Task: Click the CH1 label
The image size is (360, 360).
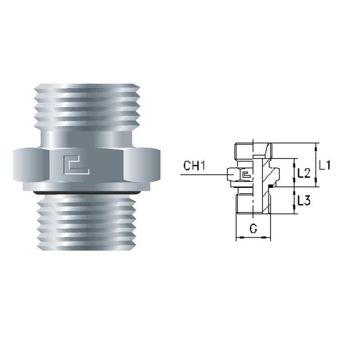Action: tap(194, 166)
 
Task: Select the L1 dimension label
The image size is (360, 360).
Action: tap(325, 165)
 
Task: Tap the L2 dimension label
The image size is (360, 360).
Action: tap(304, 173)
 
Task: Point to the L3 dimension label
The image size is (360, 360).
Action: tap(304, 200)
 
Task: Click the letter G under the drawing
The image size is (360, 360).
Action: tap(253, 229)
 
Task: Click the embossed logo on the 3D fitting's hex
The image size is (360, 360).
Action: tap(76, 165)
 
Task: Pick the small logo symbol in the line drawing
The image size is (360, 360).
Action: tap(246, 175)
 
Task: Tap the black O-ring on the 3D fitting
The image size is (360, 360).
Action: tap(86, 193)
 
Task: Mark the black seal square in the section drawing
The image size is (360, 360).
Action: tap(271, 186)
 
